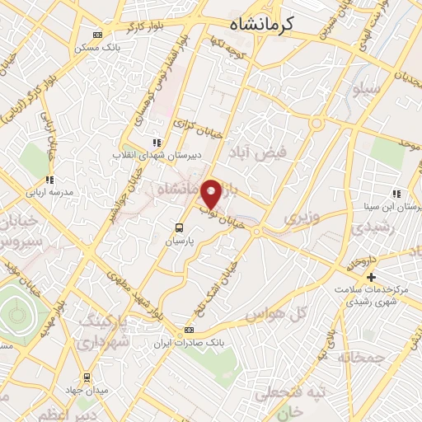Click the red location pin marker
coord(212,194)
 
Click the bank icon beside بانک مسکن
coord(99,35)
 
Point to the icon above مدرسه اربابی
coord(49,179)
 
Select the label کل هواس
coord(289,313)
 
